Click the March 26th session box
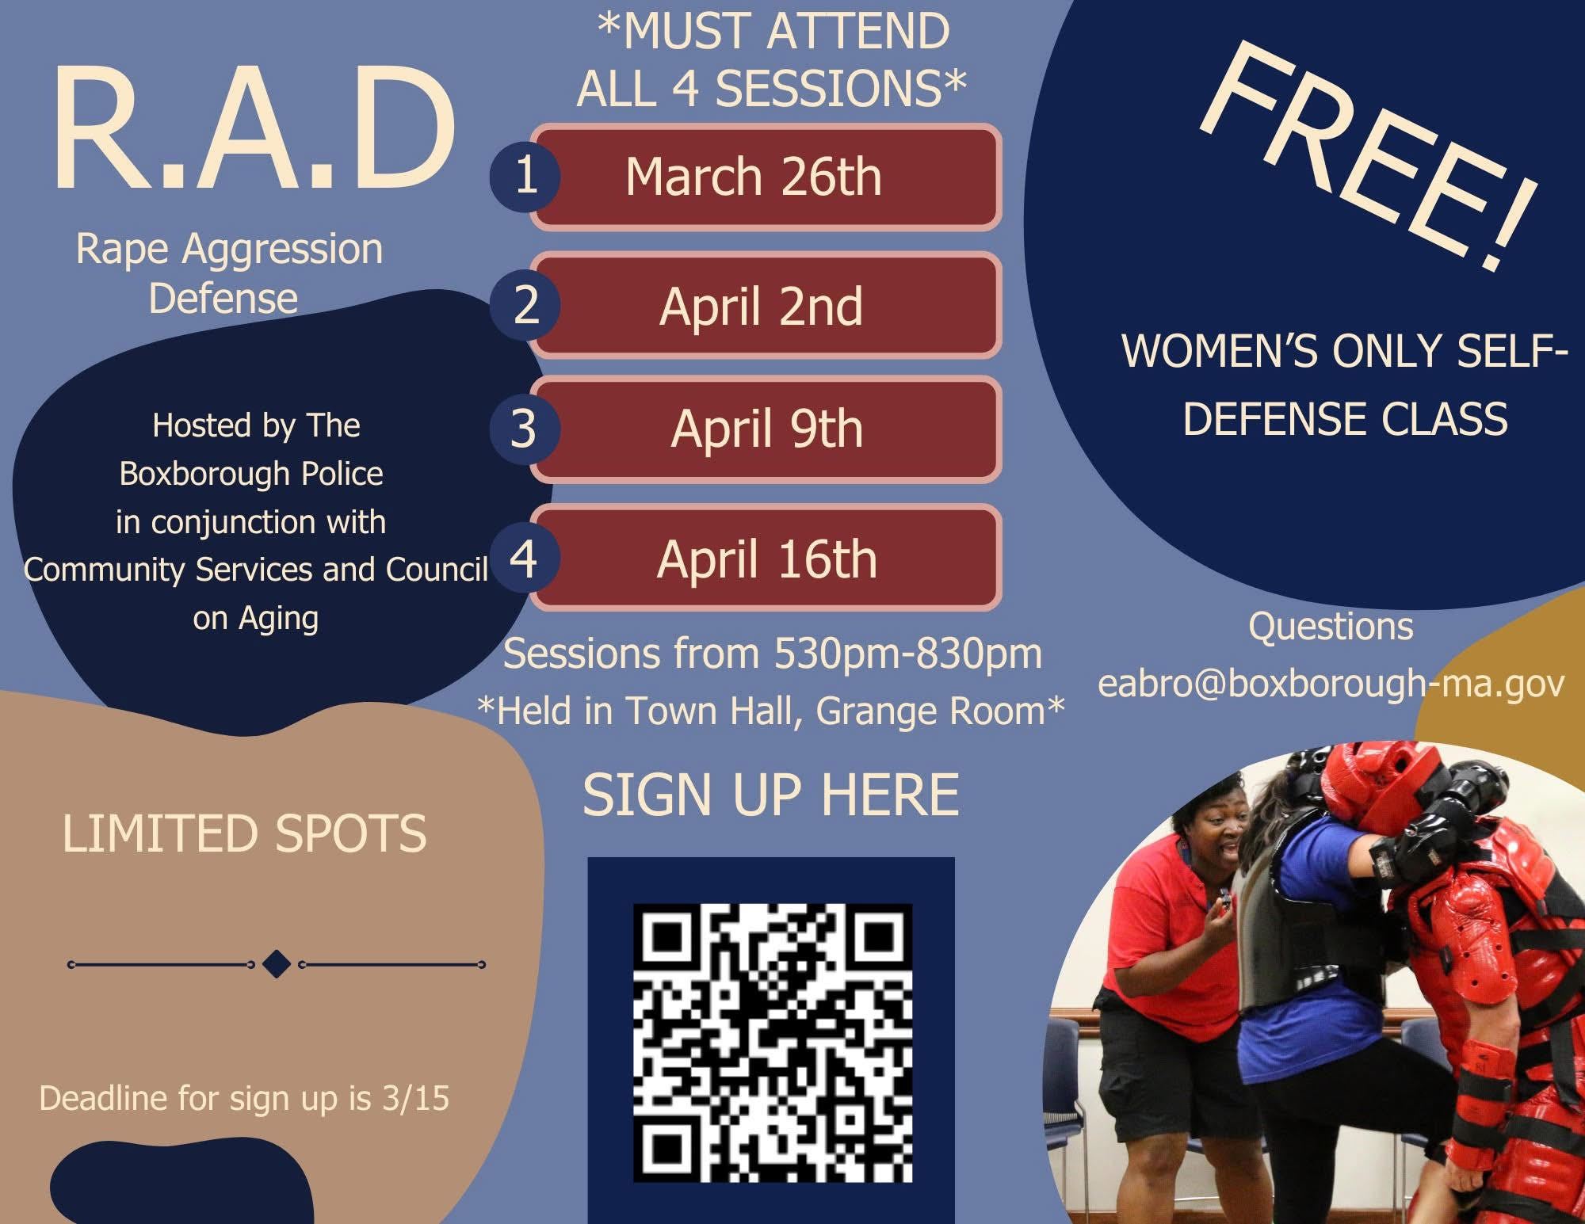766,177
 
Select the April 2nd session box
766,306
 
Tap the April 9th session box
766,429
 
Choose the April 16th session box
766,558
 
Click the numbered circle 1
525,176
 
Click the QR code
773,1043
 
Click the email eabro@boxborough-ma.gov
1331,684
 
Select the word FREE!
1369,154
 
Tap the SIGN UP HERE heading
771,795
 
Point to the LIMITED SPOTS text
245,833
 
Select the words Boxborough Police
251,474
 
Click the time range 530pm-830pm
908,654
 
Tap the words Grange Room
930,711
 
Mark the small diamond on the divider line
277,964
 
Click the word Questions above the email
1331,627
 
